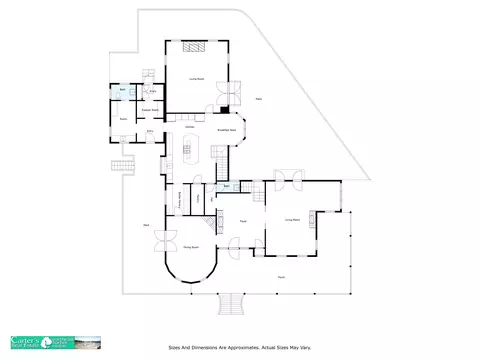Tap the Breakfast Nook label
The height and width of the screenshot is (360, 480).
227,130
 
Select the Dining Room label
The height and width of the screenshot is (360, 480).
191,245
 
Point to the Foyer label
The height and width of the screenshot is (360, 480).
243,220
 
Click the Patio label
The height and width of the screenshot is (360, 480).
259,99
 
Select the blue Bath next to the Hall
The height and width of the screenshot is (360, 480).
227,186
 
